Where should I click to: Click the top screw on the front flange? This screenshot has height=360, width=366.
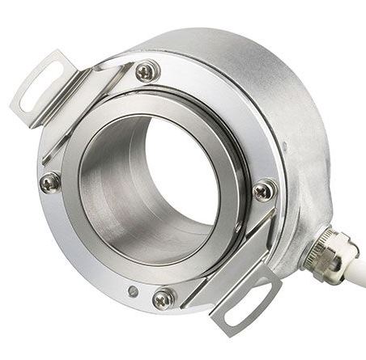pos(147,71)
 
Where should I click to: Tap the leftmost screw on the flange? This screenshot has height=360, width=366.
pos(49,182)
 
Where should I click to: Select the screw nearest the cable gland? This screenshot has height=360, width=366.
pos(263,190)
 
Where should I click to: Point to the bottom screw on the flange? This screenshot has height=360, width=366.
pos(164,298)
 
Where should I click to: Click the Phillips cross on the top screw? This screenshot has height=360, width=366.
pos(147,71)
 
